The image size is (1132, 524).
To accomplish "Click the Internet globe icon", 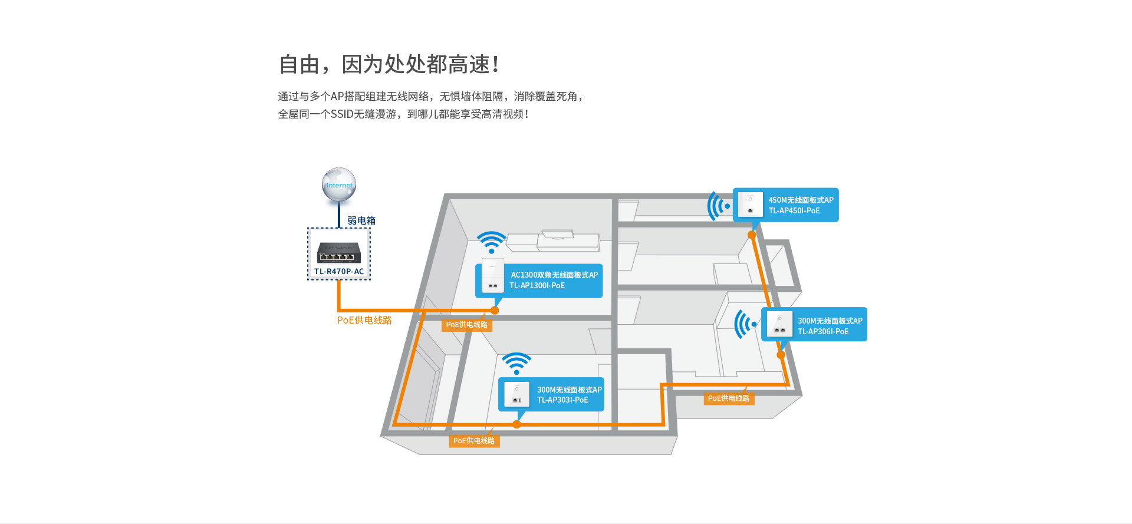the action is [x=339, y=184].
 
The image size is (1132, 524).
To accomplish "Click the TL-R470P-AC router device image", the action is [x=339, y=252].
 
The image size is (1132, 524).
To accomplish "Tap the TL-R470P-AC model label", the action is [x=339, y=272].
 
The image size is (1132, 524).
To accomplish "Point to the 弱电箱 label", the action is [x=361, y=220].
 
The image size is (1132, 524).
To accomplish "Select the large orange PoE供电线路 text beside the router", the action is [x=364, y=320].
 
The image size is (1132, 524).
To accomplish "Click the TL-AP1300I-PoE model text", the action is [x=537, y=286].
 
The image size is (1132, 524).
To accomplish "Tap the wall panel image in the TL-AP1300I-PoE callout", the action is [x=493, y=275].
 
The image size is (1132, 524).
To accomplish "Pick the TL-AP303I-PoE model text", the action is [x=562, y=400].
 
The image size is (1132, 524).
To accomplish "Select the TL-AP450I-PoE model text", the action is [x=794, y=211].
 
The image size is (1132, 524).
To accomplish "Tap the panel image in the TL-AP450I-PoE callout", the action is [x=751, y=205].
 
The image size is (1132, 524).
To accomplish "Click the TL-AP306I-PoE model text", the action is [x=823, y=332].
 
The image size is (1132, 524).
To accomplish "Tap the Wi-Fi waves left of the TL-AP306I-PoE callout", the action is [x=746, y=324].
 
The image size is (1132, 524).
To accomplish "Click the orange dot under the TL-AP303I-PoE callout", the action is [x=516, y=424].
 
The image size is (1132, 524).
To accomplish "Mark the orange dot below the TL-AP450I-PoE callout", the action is [x=752, y=235].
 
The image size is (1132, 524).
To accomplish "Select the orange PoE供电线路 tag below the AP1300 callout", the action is [x=466, y=325].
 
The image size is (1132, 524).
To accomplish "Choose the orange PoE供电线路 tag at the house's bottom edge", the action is [x=474, y=441].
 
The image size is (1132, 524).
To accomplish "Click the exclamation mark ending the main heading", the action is [x=495, y=64].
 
